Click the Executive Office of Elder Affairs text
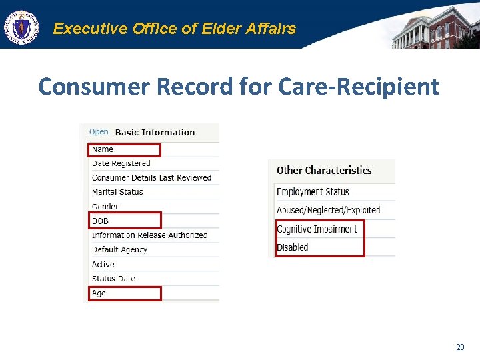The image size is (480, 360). point(174,29)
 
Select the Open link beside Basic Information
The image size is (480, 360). point(99,132)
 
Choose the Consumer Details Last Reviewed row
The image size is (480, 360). point(151,178)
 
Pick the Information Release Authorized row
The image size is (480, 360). point(149,235)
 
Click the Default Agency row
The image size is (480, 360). point(119,249)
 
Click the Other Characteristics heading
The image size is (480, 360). point(324,171)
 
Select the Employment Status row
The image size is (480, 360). point(313,192)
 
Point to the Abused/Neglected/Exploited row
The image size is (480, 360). point(328,210)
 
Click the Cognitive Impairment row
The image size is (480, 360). point(317,229)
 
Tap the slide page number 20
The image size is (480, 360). point(460,347)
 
